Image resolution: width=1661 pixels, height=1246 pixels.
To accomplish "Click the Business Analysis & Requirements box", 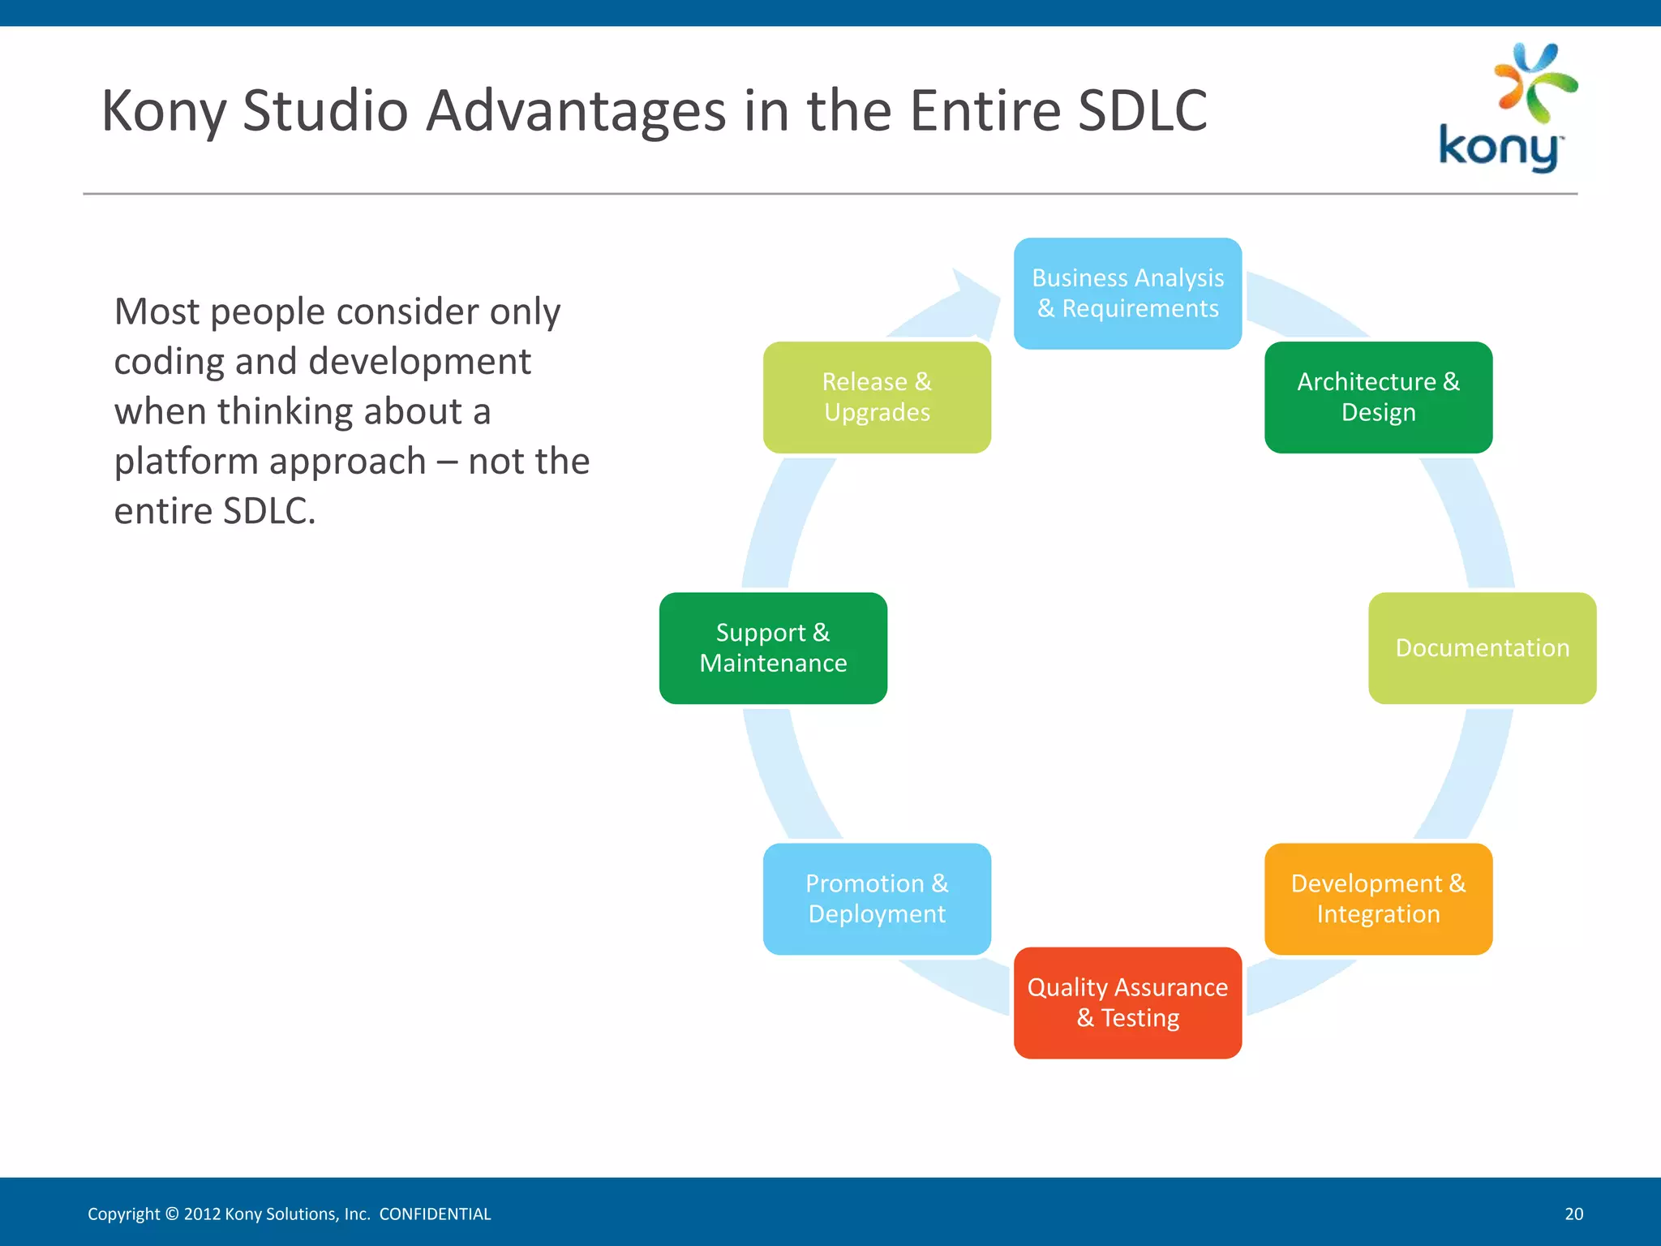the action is [1127, 293].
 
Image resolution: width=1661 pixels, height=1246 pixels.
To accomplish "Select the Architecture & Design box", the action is [1378, 397].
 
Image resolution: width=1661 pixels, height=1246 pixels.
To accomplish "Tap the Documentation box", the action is [1482, 647].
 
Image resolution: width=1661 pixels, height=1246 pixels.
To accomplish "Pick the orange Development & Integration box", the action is [1378, 898].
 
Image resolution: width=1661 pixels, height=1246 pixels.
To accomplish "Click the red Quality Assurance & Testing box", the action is [1127, 1002].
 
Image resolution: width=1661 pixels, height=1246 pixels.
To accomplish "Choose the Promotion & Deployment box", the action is [877, 898].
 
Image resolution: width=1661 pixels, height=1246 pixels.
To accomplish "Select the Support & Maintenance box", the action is [773, 647].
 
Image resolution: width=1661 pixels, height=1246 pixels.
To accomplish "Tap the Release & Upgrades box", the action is [877, 397].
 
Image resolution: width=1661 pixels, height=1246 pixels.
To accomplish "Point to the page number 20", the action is [1573, 1214].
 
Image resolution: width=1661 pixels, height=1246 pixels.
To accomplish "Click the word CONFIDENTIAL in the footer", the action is [435, 1214].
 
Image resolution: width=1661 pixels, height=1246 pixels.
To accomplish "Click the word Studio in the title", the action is [325, 110].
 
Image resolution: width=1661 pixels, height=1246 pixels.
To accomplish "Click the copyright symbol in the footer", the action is [171, 1214].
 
